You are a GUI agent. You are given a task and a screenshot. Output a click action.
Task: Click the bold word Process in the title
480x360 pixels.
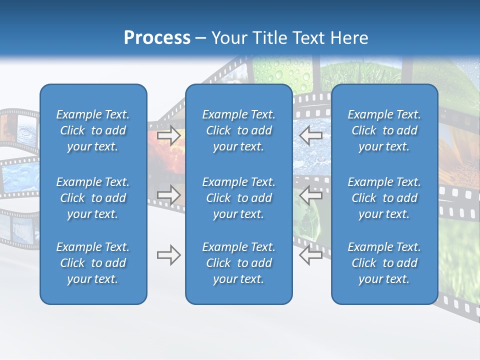(x=157, y=38)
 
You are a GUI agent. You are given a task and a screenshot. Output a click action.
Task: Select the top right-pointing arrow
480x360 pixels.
(x=169, y=134)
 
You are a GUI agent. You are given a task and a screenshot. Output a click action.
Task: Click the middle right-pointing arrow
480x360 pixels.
(x=169, y=195)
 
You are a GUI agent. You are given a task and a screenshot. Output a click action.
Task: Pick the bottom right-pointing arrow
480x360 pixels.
(x=169, y=255)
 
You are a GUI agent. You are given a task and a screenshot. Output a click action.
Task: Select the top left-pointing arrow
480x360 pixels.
(x=310, y=134)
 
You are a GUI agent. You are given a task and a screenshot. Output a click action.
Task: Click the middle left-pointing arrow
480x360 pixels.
(x=310, y=195)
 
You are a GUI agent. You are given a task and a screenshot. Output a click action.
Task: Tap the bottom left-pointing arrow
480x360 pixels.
(x=310, y=255)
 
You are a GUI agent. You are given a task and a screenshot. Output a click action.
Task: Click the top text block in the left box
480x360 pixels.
(x=93, y=130)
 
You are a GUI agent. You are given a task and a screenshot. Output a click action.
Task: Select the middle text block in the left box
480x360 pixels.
(x=93, y=198)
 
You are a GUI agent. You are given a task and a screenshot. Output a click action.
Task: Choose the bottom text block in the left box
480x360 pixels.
(x=93, y=263)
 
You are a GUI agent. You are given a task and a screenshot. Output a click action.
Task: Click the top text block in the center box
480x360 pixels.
(x=238, y=130)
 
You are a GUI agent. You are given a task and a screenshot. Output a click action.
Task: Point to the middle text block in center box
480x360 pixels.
(x=238, y=198)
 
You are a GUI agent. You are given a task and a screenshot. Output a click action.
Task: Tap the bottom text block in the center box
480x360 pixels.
(x=238, y=263)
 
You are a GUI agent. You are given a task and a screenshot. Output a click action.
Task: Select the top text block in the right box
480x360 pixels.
(x=384, y=130)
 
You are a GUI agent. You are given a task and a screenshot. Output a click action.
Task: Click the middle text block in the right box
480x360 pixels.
(x=384, y=198)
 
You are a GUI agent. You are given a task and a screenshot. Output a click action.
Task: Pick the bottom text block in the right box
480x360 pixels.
(x=384, y=263)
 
